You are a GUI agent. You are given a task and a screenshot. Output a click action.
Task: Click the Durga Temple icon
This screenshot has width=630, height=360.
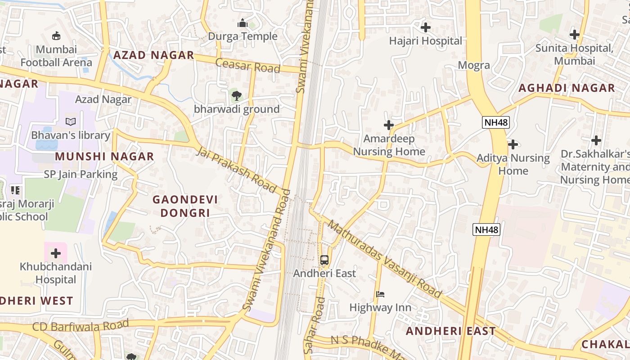point(243,23)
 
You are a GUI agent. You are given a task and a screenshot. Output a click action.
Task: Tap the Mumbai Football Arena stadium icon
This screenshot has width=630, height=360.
point(56,36)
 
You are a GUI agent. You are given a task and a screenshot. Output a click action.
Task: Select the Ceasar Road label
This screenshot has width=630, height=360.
point(247,65)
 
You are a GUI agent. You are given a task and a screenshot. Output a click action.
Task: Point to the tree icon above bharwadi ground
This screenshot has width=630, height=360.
point(236,95)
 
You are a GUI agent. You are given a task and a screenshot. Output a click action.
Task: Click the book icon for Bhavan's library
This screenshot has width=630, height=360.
point(70,121)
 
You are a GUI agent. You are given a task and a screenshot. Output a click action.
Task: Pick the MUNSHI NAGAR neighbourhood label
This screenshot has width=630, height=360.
point(104,157)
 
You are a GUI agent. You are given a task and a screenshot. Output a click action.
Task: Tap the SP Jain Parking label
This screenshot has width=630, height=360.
point(81,175)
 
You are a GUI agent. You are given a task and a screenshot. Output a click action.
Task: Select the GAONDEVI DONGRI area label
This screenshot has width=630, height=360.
point(185,206)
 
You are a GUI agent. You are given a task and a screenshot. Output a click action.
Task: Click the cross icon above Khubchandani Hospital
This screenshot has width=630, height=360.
point(56,253)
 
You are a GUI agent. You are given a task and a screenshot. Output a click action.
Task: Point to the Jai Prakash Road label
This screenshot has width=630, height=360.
point(237,170)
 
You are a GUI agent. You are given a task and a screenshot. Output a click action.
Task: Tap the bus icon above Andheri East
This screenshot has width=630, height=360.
point(324,260)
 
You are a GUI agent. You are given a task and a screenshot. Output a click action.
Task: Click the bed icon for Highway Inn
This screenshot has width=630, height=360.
point(380,294)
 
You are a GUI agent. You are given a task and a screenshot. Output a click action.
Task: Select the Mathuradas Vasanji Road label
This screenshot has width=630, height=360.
point(385,260)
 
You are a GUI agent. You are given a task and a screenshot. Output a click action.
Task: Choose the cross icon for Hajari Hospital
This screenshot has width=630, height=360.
point(425,27)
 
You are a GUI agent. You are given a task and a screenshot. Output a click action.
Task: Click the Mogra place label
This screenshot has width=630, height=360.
point(473,65)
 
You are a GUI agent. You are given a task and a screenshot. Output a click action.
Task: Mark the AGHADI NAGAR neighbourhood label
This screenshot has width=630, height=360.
point(567,88)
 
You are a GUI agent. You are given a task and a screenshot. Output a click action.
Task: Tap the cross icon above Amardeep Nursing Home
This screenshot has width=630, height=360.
point(389,125)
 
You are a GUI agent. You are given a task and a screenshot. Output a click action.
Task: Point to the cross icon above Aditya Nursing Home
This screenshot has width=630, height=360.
point(513,144)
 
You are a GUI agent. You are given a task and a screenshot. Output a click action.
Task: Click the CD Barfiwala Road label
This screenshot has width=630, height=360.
point(81,325)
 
